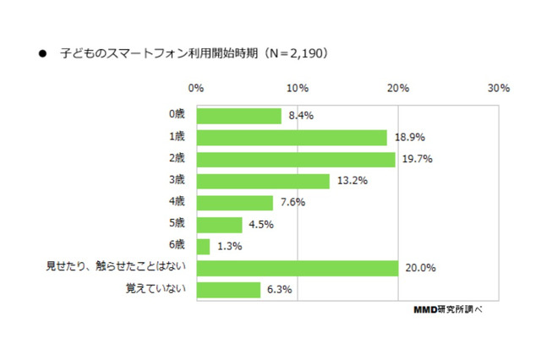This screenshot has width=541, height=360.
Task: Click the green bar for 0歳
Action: pyautogui.click(x=238, y=116)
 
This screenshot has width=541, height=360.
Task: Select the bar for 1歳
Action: pyautogui.click(x=291, y=138)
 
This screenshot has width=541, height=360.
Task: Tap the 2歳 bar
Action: pyautogui.click(x=295, y=160)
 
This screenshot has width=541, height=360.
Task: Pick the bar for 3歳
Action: pyautogui.click(x=262, y=181)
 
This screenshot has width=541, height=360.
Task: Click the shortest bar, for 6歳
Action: pyautogui.click(x=203, y=246)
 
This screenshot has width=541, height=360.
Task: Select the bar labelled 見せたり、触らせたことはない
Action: pyautogui.click(x=297, y=268)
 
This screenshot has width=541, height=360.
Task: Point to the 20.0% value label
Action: pyautogui.click(x=419, y=268)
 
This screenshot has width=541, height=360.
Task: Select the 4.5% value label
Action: pyautogui.click(x=260, y=225)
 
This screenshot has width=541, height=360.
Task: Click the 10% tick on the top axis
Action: pyautogui.click(x=297, y=88)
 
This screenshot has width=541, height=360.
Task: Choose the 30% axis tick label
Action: pyautogui.click(x=498, y=88)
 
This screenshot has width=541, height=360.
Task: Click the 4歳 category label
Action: pyautogui.click(x=178, y=203)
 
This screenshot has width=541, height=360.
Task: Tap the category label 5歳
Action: pyautogui.click(x=178, y=225)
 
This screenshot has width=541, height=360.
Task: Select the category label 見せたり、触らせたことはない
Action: pyautogui.click(x=115, y=268)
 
